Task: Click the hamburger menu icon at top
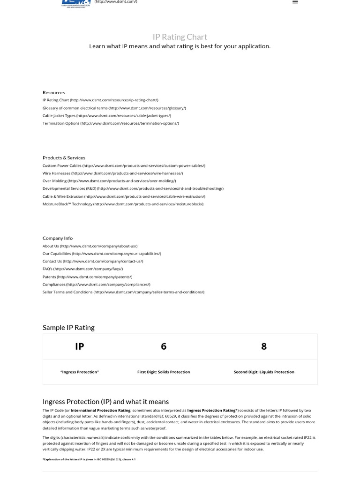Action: [295, 2]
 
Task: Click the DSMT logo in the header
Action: [76, 3]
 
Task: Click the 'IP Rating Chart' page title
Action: [180, 37]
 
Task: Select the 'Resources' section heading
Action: [53, 92]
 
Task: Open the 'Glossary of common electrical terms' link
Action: [114, 108]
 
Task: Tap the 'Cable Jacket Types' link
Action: [106, 115]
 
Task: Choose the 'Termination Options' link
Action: [111, 123]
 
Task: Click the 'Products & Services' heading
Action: [64, 157]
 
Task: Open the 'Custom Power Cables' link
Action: [124, 165]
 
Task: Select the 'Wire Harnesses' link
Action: [112, 173]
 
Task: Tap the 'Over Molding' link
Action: [109, 181]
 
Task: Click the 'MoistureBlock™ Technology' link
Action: [123, 204]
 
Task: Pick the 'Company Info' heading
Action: [58, 238]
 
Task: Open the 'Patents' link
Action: [87, 277]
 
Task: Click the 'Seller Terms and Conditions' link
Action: [123, 292]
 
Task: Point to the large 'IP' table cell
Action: [80, 346]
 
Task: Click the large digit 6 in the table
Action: [164, 346]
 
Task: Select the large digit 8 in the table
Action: [264, 346]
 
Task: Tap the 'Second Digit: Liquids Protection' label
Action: [264, 372]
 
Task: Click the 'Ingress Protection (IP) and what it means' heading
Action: [105, 402]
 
